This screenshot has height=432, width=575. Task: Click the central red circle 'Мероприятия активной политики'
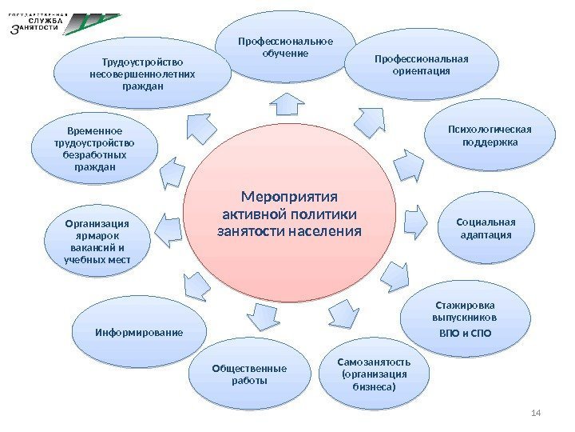(x=289, y=214)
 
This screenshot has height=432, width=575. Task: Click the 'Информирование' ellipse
(x=139, y=331)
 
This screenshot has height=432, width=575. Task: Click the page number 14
(x=536, y=412)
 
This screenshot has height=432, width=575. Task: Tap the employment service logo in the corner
(x=64, y=23)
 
